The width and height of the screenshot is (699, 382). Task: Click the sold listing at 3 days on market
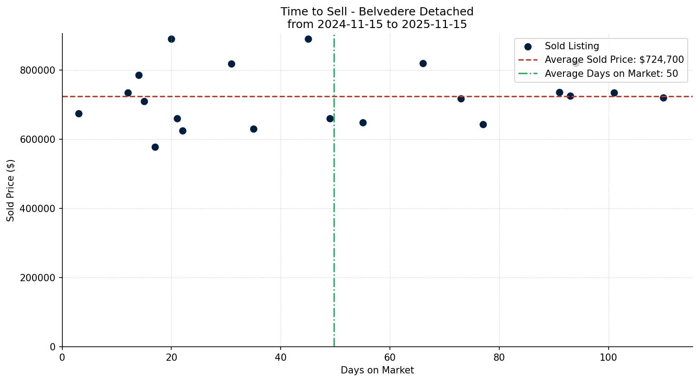click(79, 113)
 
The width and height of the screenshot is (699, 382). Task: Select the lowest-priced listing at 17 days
click(155, 147)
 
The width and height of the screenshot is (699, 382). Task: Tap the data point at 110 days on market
click(663, 98)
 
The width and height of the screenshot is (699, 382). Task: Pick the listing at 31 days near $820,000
click(231, 64)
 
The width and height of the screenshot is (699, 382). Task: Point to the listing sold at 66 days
click(423, 63)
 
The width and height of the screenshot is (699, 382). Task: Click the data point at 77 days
click(483, 124)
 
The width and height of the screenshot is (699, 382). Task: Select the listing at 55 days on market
click(363, 123)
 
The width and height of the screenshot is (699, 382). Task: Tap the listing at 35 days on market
click(253, 129)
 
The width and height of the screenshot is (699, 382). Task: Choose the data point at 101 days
click(614, 93)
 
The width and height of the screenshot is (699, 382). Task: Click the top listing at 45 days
click(308, 39)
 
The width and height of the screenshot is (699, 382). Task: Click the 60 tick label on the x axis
click(389, 357)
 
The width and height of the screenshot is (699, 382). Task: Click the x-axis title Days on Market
click(377, 370)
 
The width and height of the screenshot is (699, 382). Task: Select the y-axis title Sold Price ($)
click(11, 190)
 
